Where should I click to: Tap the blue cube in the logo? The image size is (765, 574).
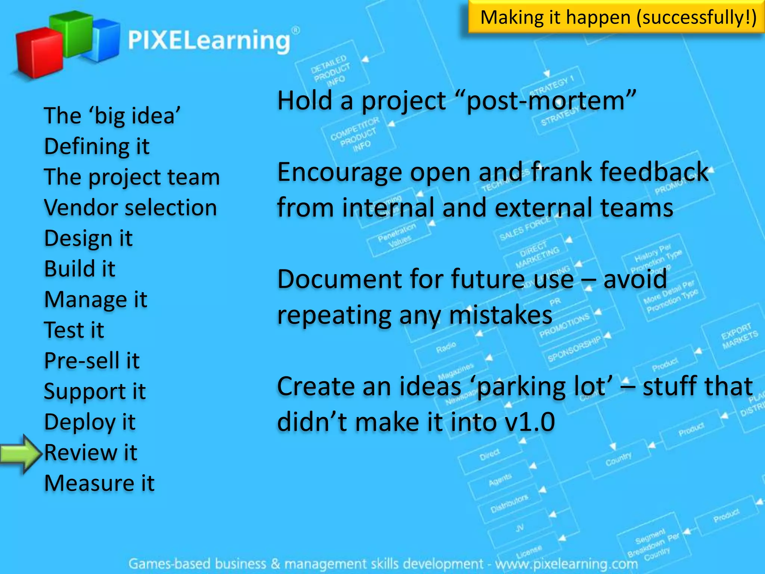point(105,41)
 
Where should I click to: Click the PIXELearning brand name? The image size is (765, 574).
point(209,40)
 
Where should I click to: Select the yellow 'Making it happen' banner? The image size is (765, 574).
point(616,17)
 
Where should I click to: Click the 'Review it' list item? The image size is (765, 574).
point(91,453)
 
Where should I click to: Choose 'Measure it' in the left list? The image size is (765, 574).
point(99,483)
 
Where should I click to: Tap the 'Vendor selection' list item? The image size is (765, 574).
point(130,207)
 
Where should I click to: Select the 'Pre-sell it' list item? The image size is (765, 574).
point(92,361)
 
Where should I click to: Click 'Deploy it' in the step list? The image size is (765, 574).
point(90,422)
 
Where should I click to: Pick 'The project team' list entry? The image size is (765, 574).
point(132,177)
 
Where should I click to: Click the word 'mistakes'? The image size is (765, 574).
point(501,315)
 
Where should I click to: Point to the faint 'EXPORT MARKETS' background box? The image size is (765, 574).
point(739,336)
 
